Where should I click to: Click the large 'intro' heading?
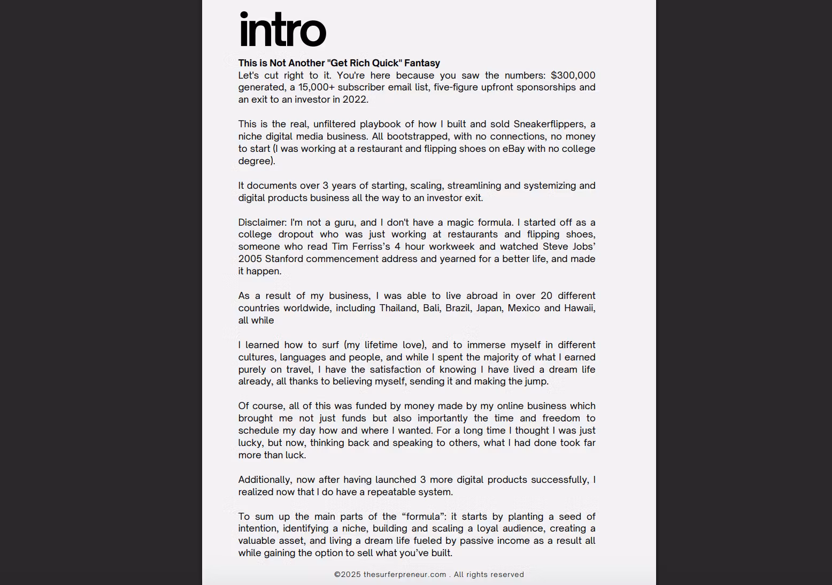tap(282, 30)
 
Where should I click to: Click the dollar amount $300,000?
tap(573, 75)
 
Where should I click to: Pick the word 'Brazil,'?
tap(458, 308)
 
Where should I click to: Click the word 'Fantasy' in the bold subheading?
tap(422, 63)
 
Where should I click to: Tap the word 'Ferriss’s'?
tap(371, 247)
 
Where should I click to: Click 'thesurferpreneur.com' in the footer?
tap(405, 574)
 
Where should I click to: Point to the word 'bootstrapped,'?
tap(412, 136)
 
